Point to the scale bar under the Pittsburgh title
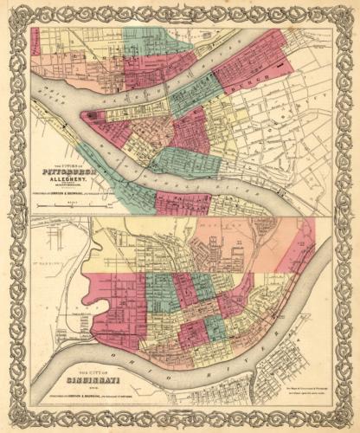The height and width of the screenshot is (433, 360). (x=67, y=204)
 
